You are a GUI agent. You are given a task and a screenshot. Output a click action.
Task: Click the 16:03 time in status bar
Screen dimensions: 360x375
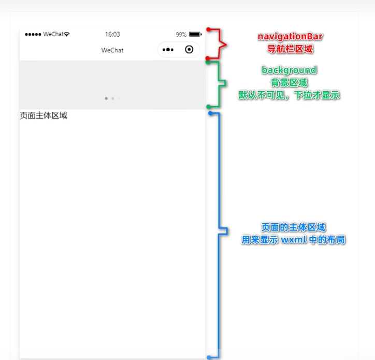(x=112, y=34)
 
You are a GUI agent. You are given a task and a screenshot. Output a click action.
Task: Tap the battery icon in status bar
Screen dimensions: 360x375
(x=195, y=34)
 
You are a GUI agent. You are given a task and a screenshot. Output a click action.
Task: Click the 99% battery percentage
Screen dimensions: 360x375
(x=181, y=35)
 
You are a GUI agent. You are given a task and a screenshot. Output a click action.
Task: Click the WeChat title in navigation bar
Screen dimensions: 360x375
(x=112, y=50)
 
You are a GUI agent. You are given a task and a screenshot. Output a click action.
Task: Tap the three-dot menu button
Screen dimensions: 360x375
(x=168, y=50)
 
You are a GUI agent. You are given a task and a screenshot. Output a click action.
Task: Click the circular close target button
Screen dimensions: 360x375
(x=189, y=50)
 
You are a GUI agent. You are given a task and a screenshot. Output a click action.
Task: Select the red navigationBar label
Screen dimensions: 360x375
(x=290, y=37)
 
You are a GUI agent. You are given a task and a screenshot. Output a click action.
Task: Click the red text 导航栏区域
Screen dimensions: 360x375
(x=290, y=49)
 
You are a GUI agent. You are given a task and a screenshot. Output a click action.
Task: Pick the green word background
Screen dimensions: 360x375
(x=289, y=70)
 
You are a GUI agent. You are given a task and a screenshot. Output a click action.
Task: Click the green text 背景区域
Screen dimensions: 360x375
(x=289, y=83)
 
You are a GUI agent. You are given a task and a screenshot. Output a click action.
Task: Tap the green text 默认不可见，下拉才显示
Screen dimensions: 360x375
(x=289, y=95)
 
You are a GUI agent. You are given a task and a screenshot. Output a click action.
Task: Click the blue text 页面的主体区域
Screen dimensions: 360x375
(x=293, y=227)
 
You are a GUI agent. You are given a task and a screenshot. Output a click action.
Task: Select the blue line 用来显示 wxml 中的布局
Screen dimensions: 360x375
(x=293, y=240)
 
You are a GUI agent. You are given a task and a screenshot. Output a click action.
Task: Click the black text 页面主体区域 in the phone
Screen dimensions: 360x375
(x=44, y=116)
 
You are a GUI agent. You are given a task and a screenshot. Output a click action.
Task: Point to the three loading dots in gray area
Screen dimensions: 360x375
(x=112, y=98)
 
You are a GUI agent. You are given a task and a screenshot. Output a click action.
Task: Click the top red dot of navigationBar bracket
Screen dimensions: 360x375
(x=208, y=30)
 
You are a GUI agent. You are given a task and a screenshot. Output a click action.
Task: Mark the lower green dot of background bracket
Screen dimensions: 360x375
(x=208, y=107)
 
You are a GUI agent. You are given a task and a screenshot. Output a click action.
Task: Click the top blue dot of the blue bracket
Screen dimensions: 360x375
(x=210, y=113)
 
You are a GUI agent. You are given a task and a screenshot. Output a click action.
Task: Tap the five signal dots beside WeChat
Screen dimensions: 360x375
(x=33, y=35)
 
